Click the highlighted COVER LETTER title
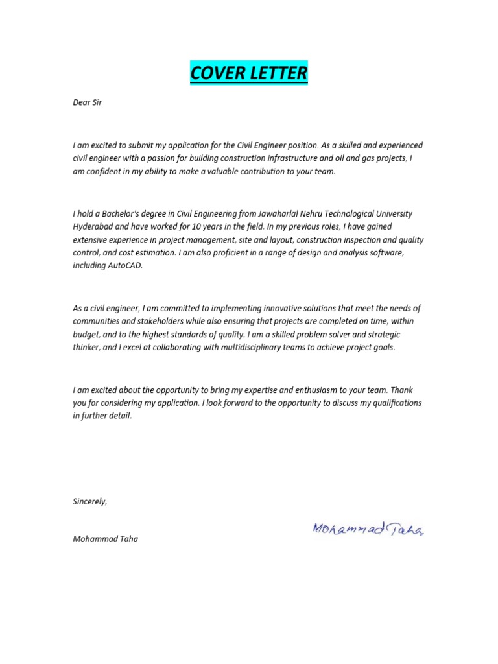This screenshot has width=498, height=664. tap(249, 73)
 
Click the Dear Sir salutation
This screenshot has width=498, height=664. tap(88, 102)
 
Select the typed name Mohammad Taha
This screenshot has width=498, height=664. tap(105, 539)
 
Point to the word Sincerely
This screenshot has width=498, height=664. tap(90, 501)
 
